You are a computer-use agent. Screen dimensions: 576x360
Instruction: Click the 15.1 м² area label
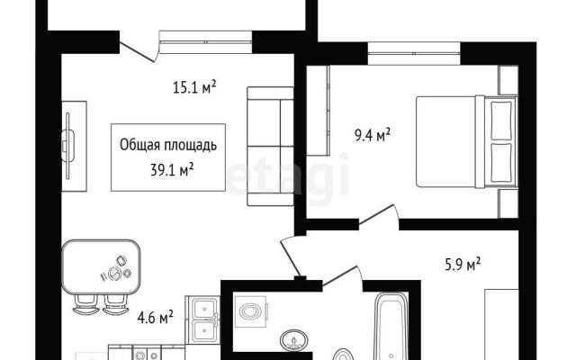click(x=194, y=88)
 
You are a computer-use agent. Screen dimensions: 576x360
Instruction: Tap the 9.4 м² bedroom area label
click(x=372, y=135)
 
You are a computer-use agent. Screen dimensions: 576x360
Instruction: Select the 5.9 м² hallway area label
click(x=463, y=264)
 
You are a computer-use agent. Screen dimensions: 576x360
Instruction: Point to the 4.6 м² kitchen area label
click(x=155, y=318)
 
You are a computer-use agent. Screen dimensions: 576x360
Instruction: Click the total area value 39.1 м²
click(x=172, y=170)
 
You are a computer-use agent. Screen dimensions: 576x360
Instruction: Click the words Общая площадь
click(x=168, y=145)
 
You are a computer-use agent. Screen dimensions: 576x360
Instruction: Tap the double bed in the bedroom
click(x=466, y=142)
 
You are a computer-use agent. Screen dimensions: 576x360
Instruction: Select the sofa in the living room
click(x=270, y=146)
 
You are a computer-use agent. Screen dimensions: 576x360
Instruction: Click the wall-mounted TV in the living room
click(x=68, y=146)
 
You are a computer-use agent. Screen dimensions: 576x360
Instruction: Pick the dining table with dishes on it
click(x=102, y=267)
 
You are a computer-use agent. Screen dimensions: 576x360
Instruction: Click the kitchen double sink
click(x=204, y=319)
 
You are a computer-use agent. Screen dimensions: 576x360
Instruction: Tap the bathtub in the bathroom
click(x=391, y=326)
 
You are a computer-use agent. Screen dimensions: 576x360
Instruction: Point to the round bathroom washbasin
click(x=293, y=340)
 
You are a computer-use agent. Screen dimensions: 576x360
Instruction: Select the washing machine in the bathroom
click(x=250, y=311)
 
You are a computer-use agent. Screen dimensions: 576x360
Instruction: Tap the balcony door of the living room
click(x=139, y=50)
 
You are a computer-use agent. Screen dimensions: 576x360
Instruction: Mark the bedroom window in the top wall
click(x=414, y=54)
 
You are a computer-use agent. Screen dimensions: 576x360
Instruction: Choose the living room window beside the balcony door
click(x=206, y=42)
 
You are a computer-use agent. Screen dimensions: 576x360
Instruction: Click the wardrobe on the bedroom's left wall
click(x=319, y=111)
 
